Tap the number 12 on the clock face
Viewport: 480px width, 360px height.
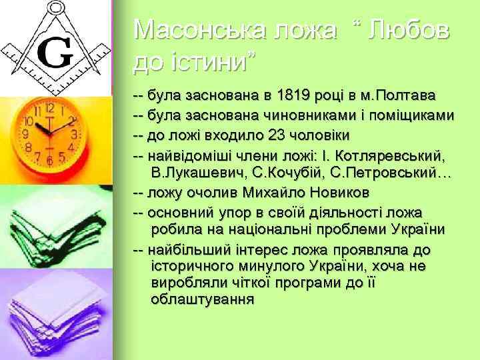pyautogui.click(x=49, y=107)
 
